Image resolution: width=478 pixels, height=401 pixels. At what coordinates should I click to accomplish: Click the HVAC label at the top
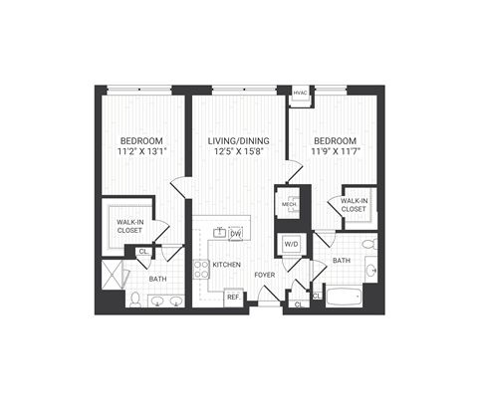point(300,94)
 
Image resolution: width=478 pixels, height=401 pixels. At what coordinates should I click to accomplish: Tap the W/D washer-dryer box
point(292,244)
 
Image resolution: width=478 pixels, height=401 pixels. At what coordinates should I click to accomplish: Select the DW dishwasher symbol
point(237,235)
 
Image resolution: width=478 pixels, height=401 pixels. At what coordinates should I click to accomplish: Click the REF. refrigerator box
point(232,296)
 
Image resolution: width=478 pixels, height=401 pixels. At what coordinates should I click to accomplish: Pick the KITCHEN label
point(226,265)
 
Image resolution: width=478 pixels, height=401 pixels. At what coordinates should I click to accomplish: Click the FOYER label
point(264,274)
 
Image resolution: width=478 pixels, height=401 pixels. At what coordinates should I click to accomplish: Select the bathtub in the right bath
point(349,296)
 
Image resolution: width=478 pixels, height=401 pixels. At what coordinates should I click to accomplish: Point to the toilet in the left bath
point(133,298)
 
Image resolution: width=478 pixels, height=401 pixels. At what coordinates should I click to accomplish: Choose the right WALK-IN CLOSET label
point(355,206)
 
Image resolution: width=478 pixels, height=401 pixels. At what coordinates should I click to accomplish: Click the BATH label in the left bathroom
point(157,280)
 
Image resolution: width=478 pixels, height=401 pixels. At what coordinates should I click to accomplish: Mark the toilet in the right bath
point(367,243)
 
